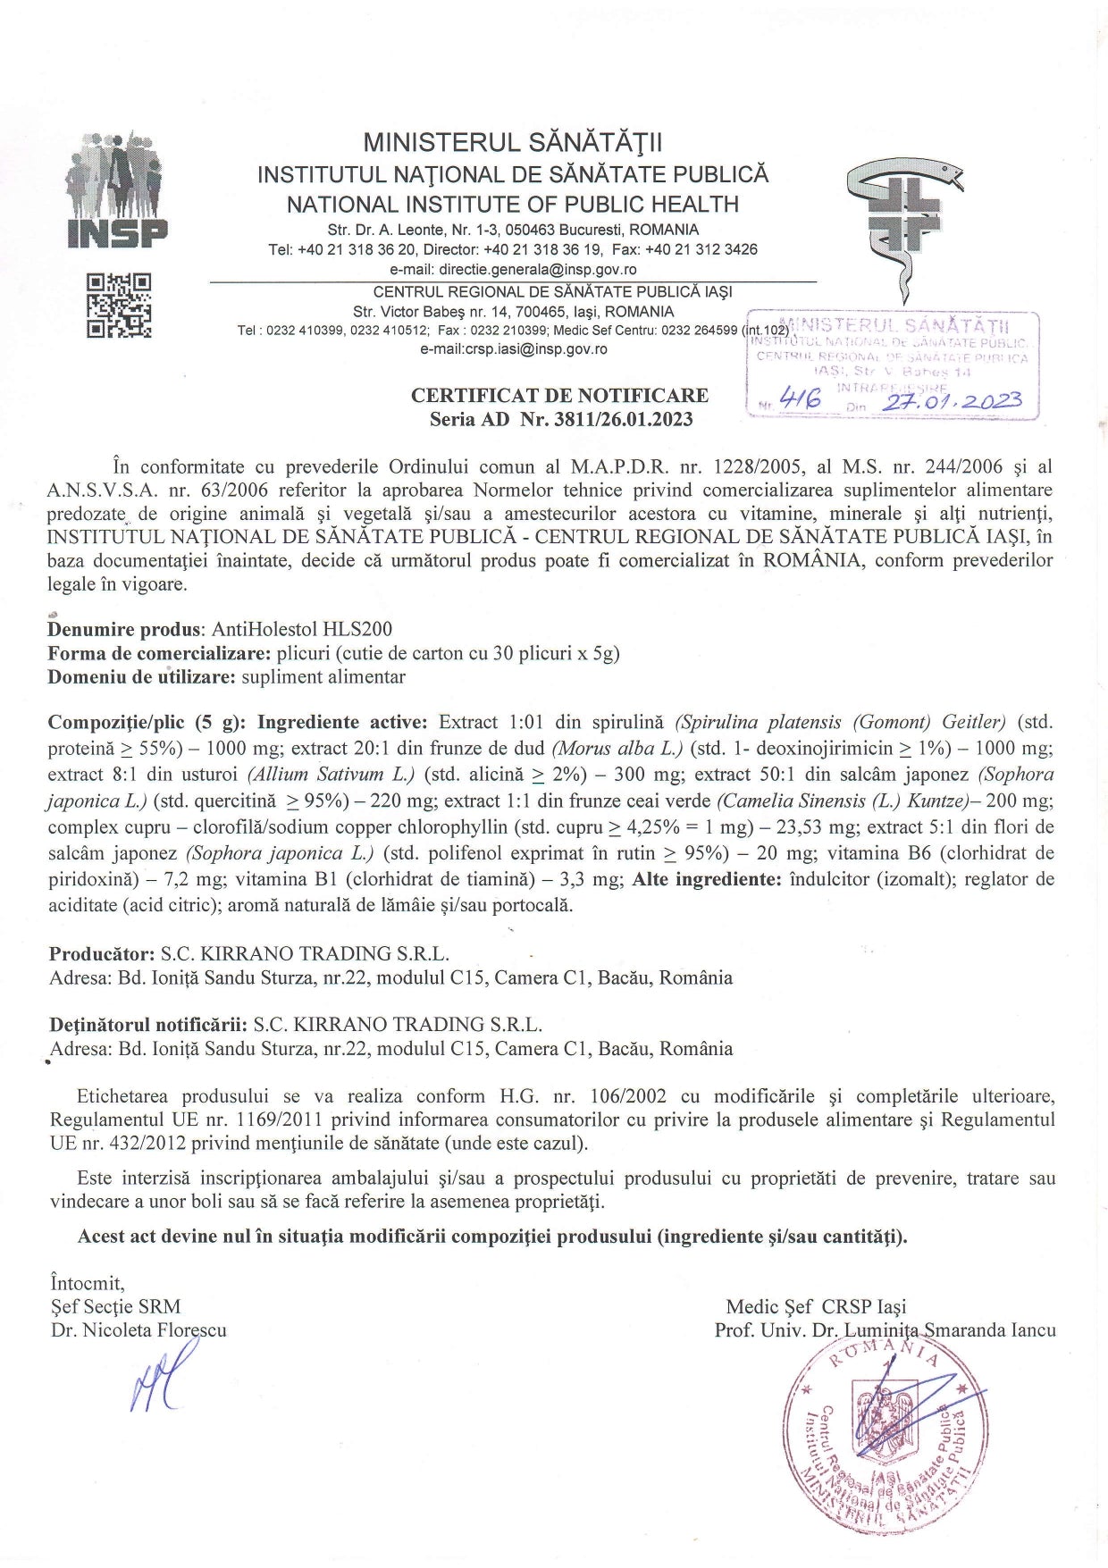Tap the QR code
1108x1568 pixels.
click(x=119, y=306)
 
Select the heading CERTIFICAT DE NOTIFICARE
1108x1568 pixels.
click(x=559, y=395)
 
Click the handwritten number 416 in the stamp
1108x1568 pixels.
click(x=800, y=399)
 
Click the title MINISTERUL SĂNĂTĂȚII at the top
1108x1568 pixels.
click(x=513, y=143)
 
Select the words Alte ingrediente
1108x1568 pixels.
click(x=707, y=878)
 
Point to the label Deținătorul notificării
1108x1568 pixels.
click(x=147, y=1024)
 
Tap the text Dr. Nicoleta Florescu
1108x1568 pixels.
click(x=138, y=1329)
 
